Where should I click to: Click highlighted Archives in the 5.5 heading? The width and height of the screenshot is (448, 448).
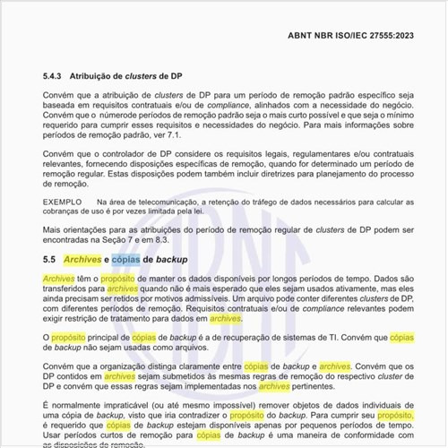(x=82, y=260)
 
